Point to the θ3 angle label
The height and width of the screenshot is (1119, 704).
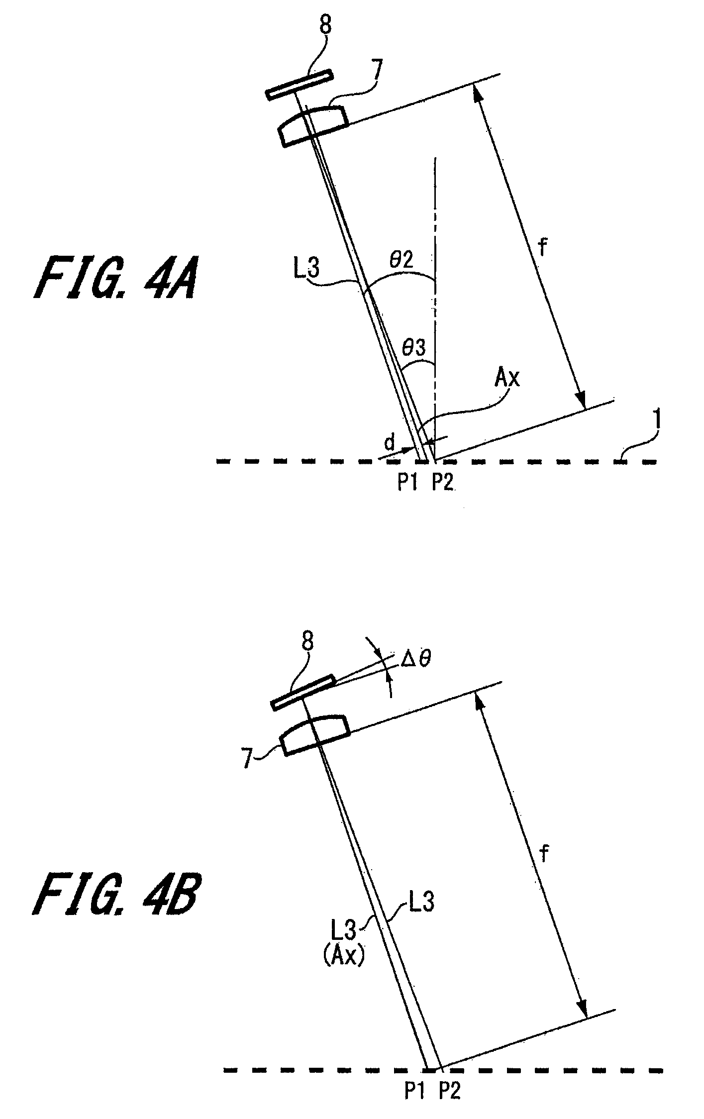point(414,348)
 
